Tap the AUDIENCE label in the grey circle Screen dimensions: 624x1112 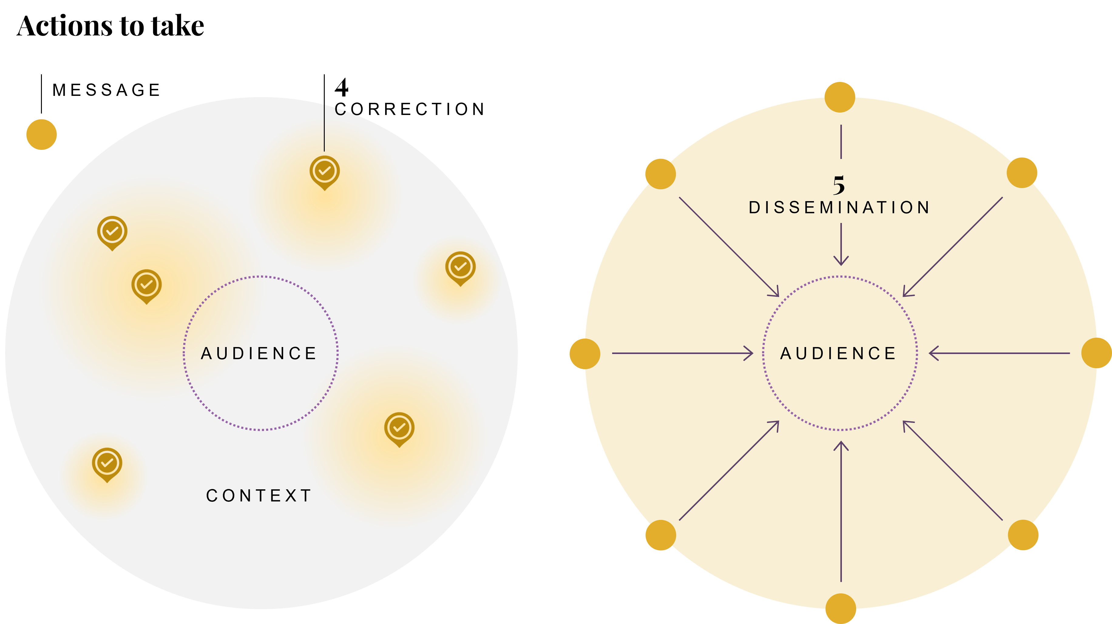coord(259,353)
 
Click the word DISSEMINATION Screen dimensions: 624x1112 coord(839,207)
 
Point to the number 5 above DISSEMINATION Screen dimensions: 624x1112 coord(839,185)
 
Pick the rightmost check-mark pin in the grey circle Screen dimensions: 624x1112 coord(461,268)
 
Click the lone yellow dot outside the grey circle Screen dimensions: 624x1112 coord(42,135)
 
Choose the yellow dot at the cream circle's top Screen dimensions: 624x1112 coord(839,97)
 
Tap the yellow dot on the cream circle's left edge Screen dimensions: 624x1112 coord(585,354)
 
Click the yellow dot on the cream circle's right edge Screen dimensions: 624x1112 coord(1097,353)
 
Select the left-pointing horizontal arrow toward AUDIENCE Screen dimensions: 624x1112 coord(999,353)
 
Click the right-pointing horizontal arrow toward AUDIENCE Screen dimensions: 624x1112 coord(682,353)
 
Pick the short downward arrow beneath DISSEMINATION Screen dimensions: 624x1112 coord(841,244)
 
